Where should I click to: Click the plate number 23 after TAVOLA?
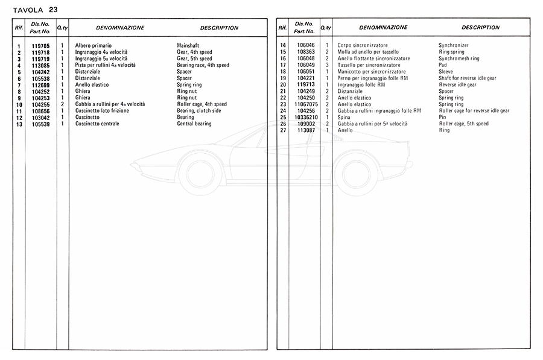coord(54,10)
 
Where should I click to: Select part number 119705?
coord(40,46)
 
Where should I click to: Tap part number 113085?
coord(40,65)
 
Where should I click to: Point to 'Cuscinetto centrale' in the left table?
coord(97,124)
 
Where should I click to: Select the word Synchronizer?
coord(453,46)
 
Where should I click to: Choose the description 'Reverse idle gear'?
coord(457,85)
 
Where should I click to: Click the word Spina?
coord(344,118)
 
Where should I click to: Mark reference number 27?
coord(282,131)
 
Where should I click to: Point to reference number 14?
coord(282,46)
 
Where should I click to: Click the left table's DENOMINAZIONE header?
coord(120,28)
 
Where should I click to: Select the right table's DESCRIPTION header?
coord(480,28)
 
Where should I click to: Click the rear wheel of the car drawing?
coord(356,174)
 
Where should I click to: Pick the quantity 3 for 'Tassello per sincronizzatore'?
coord(326,65)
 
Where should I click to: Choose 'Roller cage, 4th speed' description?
coord(202,104)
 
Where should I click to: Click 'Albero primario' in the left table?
coord(93,46)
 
